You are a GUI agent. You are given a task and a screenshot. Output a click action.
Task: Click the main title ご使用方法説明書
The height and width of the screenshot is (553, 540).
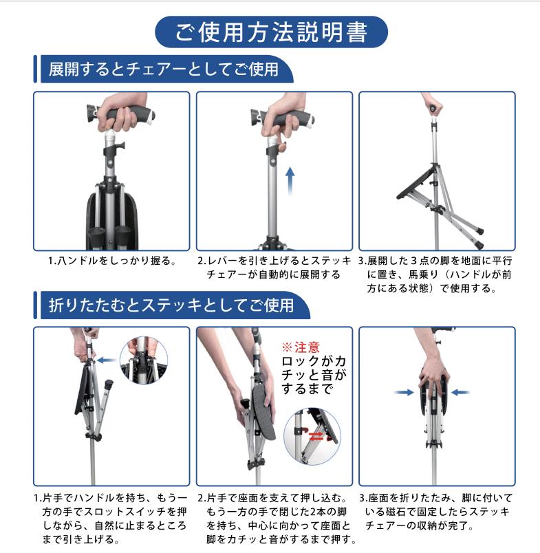(270, 32)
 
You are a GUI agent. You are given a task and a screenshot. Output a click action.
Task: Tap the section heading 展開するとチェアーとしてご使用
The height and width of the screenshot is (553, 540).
(163, 69)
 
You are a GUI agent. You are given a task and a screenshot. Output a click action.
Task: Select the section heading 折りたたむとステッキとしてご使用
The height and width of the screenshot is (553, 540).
(171, 304)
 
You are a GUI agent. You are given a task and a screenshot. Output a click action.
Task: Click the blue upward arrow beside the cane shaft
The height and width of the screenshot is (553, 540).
(290, 181)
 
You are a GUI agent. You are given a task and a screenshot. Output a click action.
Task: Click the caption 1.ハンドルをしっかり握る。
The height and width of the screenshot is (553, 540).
(112, 261)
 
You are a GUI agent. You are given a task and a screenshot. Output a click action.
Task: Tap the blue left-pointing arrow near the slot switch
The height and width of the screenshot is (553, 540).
(106, 360)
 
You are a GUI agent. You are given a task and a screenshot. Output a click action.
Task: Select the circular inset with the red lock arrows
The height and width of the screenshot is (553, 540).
(312, 435)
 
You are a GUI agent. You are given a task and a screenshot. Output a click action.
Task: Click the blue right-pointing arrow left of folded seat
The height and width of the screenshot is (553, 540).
(405, 392)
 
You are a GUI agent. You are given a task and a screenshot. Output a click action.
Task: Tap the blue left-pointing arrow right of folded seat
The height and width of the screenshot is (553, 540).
(460, 392)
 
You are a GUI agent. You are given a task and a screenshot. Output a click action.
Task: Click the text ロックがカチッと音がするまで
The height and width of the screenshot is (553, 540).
(314, 376)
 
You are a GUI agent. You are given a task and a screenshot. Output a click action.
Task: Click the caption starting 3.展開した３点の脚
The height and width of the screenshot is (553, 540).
(436, 275)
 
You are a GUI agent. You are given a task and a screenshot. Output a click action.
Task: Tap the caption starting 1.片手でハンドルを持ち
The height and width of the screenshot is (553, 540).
(111, 518)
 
